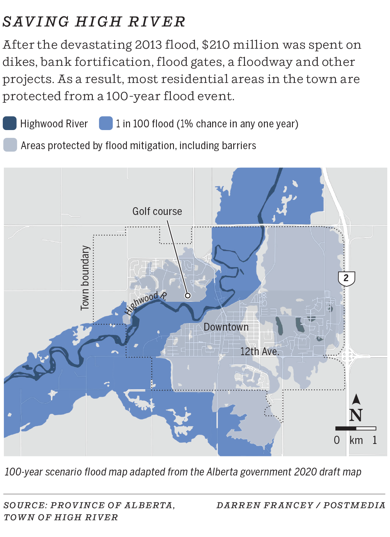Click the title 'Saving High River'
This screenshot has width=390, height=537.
94,22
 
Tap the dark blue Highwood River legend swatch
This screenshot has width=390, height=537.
10,123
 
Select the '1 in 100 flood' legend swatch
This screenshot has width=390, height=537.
106,123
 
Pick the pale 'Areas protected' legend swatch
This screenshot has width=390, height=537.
10,145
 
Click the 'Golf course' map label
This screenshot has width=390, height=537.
157,211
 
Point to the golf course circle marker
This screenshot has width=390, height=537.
188,296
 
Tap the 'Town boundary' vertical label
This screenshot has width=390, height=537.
85,278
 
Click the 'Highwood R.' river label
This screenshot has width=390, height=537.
145,302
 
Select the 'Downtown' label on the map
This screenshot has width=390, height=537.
226,327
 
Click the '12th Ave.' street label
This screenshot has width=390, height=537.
259,352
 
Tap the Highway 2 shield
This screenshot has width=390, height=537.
346,278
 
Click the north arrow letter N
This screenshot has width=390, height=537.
356,415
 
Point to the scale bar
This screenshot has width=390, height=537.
356,428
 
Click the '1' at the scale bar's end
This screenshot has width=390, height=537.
375,440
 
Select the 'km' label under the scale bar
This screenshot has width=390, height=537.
356,440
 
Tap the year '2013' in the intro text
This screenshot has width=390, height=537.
148,45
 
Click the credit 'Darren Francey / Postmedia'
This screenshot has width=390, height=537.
301,505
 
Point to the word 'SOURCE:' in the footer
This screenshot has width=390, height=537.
25,505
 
